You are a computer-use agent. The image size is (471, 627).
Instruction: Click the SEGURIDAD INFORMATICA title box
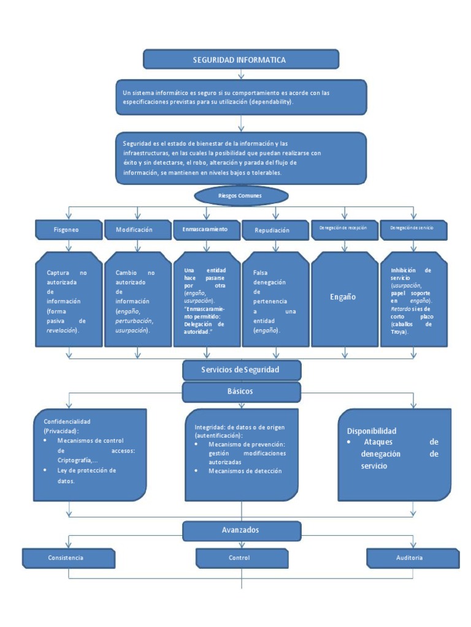pos(240,59)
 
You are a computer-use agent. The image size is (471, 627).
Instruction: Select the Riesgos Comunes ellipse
pos(240,195)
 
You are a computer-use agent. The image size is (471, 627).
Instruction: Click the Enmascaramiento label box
pos(205,229)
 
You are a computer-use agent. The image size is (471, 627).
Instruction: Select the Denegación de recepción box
pos(343,229)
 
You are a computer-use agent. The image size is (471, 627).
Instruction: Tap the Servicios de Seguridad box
pos(241,370)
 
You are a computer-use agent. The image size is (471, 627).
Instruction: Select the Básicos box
pos(241,391)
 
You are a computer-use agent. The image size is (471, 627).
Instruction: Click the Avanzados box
pos(241,530)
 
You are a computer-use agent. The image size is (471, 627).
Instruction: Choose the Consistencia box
pos(67,558)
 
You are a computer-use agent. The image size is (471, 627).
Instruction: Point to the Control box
pos(241,558)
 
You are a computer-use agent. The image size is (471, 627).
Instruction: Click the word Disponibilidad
pos(372,430)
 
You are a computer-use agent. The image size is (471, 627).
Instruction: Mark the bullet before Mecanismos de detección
pos(196,471)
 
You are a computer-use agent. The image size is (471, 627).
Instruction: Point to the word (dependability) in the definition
pos(271,103)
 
